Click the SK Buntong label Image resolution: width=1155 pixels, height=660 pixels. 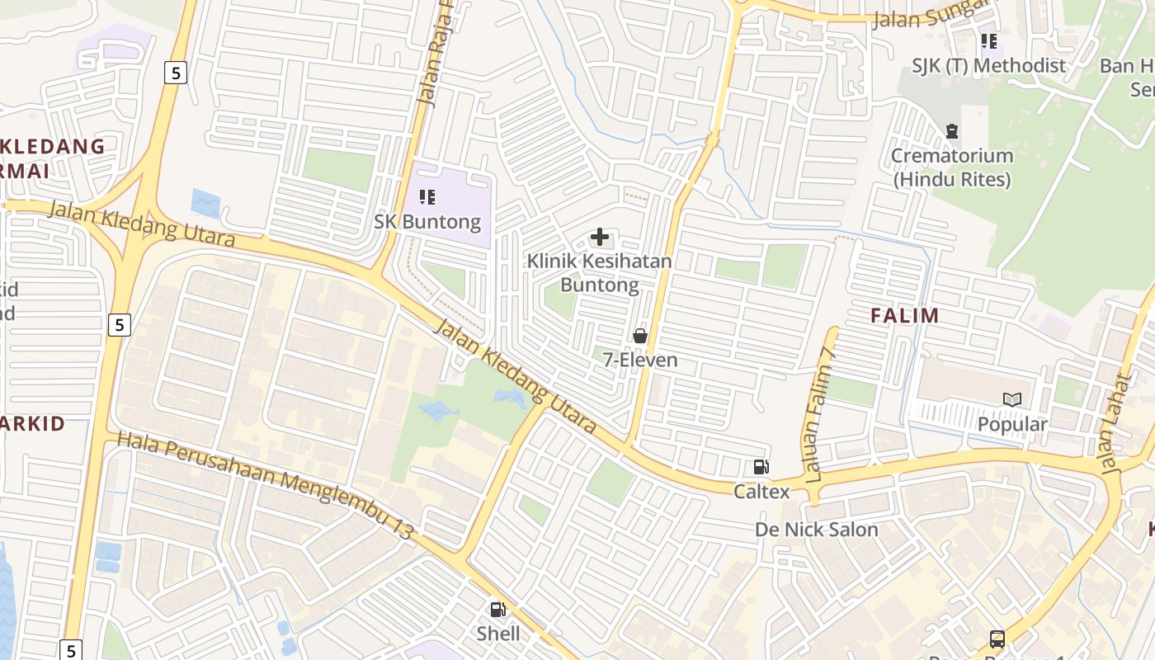pyautogui.click(x=427, y=222)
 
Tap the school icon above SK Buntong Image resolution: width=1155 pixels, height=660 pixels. pyautogui.click(x=427, y=197)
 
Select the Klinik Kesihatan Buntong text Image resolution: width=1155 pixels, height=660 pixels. pyautogui.click(x=600, y=273)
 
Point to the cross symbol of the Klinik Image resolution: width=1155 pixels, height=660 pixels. pyautogui.click(x=600, y=238)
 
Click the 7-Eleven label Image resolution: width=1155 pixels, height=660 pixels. pyautogui.click(x=640, y=360)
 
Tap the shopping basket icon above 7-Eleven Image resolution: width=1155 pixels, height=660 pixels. pyautogui.click(x=639, y=336)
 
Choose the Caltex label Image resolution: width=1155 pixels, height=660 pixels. pyautogui.click(x=761, y=492)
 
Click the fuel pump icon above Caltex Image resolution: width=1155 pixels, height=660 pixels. pyautogui.click(x=761, y=467)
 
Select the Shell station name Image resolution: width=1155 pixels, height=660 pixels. pyautogui.click(x=498, y=634)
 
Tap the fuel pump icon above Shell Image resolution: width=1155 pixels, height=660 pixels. pyautogui.click(x=497, y=610)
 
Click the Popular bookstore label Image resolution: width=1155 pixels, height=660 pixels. pyautogui.click(x=1012, y=424)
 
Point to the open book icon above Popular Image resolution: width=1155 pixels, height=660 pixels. pyautogui.click(x=1012, y=400)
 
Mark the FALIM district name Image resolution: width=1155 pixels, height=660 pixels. pyautogui.click(x=905, y=315)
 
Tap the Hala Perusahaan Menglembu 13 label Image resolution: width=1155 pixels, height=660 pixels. pyautogui.click(x=264, y=485)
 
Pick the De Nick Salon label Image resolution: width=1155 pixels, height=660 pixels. pyautogui.click(x=817, y=530)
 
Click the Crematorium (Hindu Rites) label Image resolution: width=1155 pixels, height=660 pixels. pyautogui.click(x=952, y=167)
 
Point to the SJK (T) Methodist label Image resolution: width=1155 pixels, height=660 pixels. pyautogui.click(x=989, y=65)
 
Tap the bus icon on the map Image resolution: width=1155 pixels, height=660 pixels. pyautogui.click(x=997, y=639)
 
